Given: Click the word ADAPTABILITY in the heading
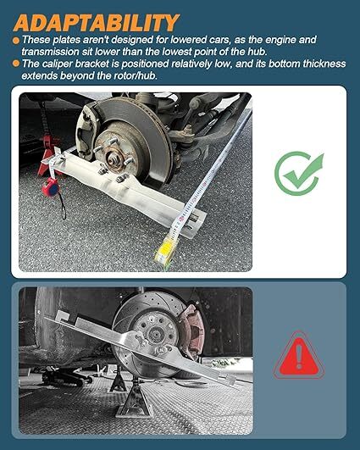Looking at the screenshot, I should click(95, 21).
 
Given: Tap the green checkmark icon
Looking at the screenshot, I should click(298, 172).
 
